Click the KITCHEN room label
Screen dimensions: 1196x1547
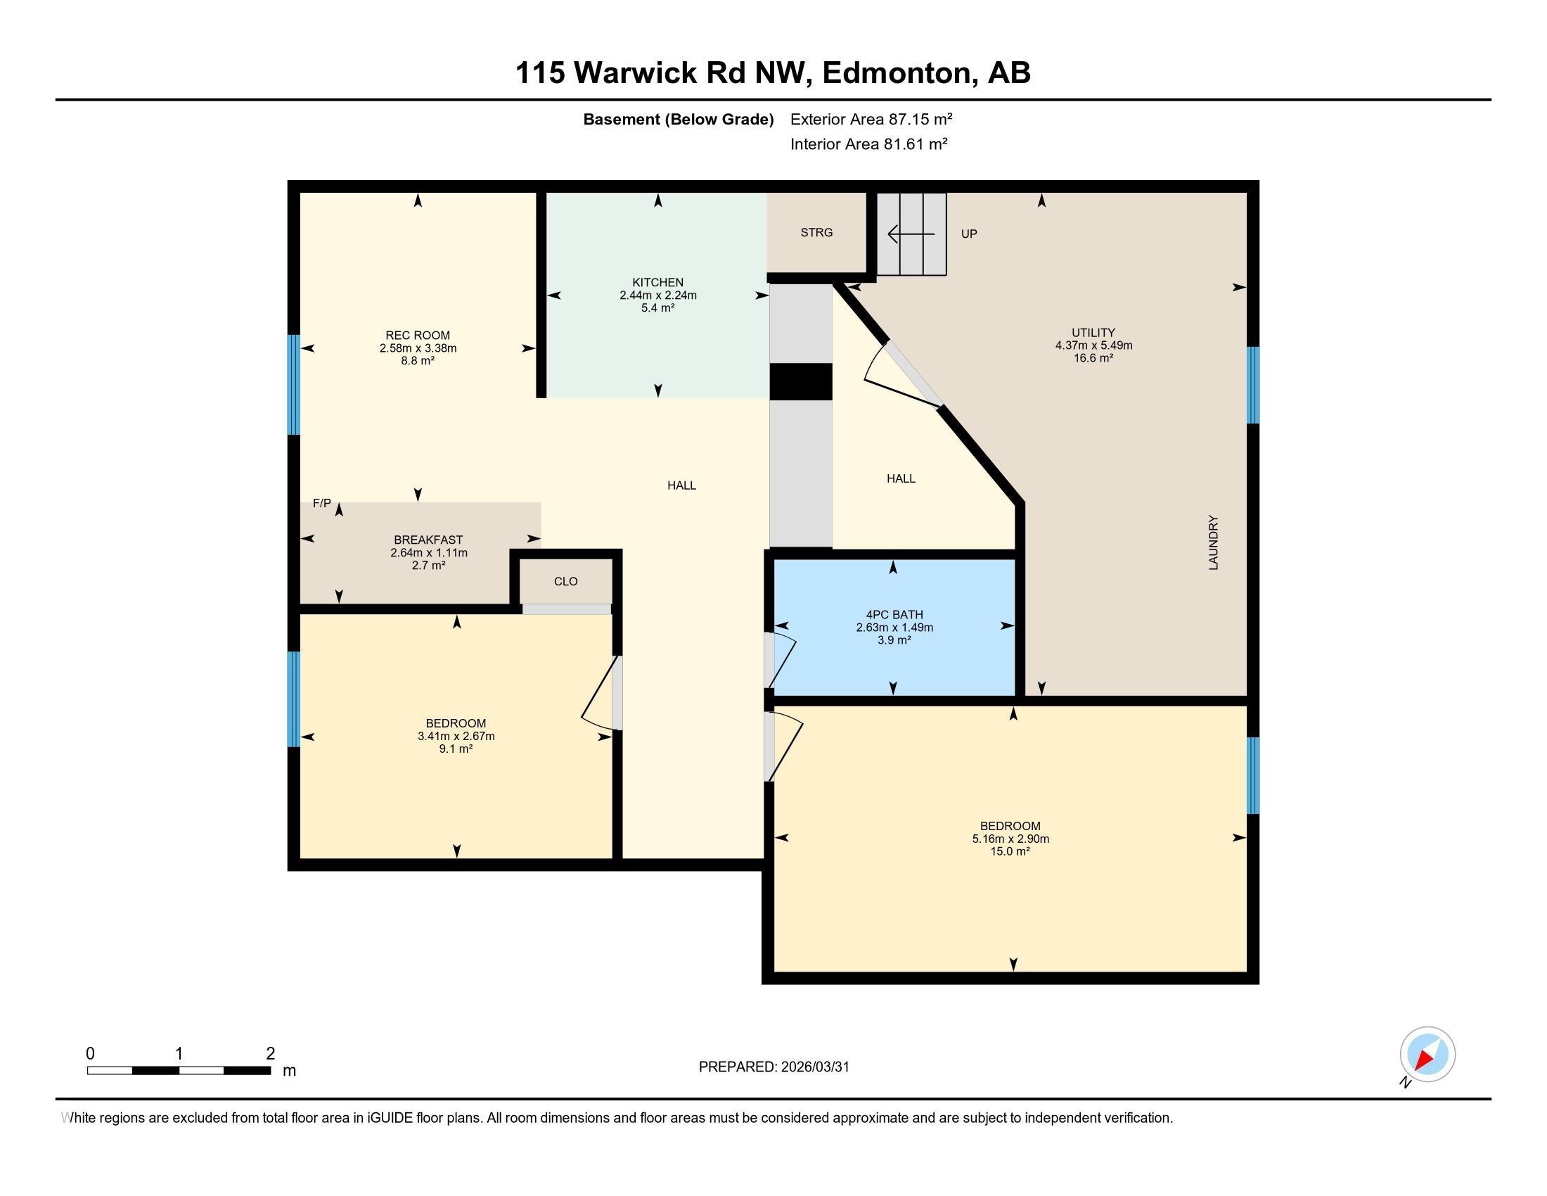(x=657, y=282)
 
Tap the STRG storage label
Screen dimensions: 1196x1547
(x=816, y=232)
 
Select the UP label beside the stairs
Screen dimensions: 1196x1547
(x=968, y=234)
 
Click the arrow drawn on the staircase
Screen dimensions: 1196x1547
(x=911, y=233)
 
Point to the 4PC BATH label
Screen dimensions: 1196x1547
(x=894, y=614)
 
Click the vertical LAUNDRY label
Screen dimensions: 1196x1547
(x=1214, y=542)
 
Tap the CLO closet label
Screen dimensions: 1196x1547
(x=565, y=581)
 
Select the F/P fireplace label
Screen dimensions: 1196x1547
(x=321, y=503)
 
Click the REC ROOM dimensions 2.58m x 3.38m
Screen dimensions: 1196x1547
(x=417, y=348)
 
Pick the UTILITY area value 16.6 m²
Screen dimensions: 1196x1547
(x=1093, y=358)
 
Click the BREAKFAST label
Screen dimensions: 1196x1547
(x=428, y=540)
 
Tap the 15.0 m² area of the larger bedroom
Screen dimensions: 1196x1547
(x=1009, y=851)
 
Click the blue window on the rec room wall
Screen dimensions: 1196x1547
(x=293, y=384)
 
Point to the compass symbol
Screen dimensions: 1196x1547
(x=1427, y=1055)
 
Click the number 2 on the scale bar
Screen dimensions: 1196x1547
(x=270, y=1054)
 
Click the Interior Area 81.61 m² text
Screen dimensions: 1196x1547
(x=868, y=144)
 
